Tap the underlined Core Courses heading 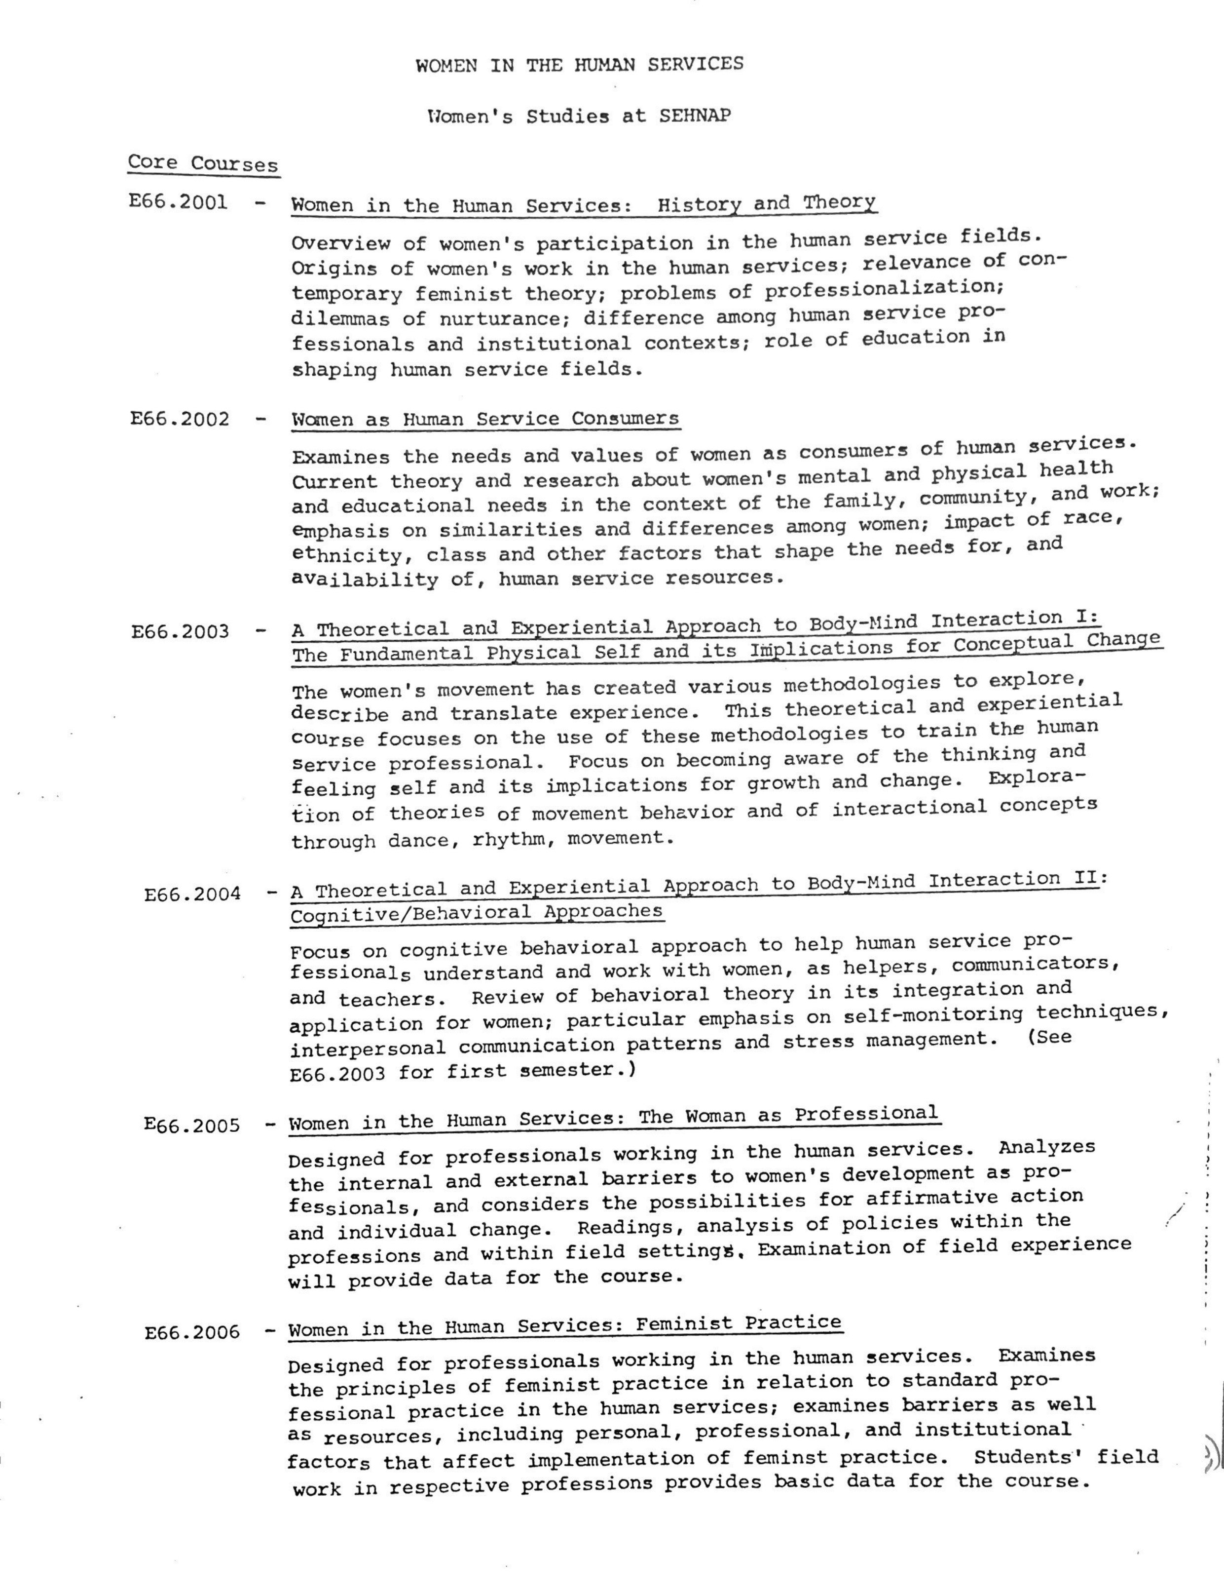tap(203, 163)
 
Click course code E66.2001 tap(179, 202)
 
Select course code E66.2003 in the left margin tap(180, 631)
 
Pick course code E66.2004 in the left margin tap(192, 894)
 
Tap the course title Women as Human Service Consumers tap(485, 419)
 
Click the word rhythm tap(510, 839)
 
